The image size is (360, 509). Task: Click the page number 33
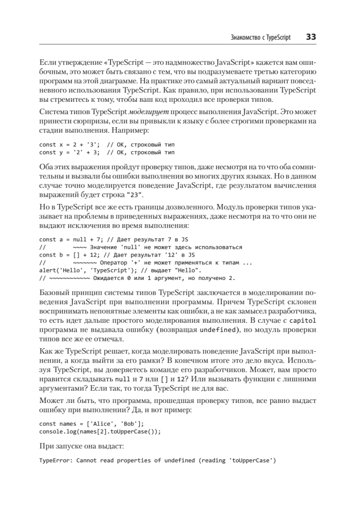[x=311, y=37]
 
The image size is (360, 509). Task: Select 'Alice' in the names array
[x=102, y=424]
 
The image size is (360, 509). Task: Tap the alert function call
[x=47, y=270]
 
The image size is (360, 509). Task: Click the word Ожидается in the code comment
[x=109, y=278]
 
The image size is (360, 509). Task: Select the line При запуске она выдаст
[x=82, y=446]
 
